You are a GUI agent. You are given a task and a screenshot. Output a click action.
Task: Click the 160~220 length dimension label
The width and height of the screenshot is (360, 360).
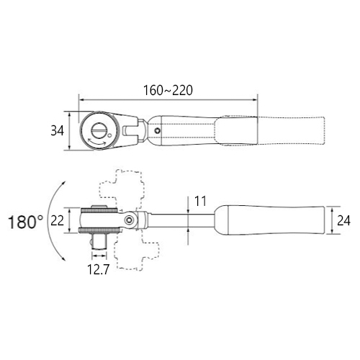tap(168, 91)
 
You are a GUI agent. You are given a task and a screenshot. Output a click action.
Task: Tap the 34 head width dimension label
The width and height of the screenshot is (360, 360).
tap(57, 131)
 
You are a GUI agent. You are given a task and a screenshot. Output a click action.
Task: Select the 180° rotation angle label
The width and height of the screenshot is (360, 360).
tap(26, 222)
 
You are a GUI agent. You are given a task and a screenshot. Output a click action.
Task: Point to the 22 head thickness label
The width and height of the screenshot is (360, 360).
tap(57, 220)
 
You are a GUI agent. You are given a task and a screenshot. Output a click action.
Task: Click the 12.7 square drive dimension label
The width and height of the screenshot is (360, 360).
tap(98, 269)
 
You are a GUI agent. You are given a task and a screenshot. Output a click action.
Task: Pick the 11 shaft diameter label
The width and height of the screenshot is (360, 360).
tap(200, 201)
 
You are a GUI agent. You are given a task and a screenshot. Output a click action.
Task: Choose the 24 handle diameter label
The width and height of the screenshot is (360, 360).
tap(343, 220)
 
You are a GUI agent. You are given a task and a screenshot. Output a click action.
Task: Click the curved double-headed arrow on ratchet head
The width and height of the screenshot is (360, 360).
tap(97, 143)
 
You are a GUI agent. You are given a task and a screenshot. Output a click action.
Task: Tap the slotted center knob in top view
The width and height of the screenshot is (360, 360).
tap(99, 130)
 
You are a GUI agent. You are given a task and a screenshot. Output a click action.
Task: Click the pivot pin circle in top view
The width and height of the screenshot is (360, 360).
tap(157, 130)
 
